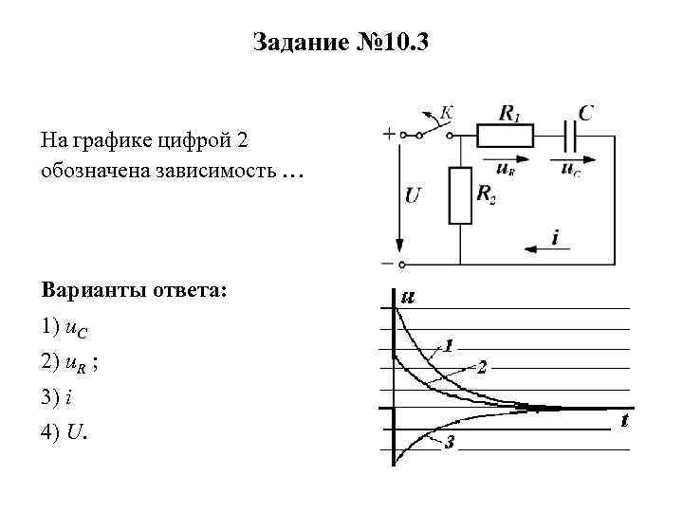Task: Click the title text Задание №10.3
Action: pyautogui.click(x=341, y=42)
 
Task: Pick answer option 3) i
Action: pyautogui.click(x=58, y=397)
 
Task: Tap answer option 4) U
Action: pyautogui.click(x=65, y=433)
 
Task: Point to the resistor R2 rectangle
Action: pyautogui.click(x=460, y=195)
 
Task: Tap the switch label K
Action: pyautogui.click(x=446, y=113)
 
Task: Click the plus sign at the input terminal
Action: pyautogui.click(x=389, y=135)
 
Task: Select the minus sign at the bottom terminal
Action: pyautogui.click(x=388, y=264)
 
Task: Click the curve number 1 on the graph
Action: pyautogui.click(x=449, y=343)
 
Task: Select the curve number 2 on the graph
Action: pyautogui.click(x=481, y=367)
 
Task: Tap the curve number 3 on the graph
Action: pyautogui.click(x=450, y=443)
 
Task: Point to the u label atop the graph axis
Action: pyautogui.click(x=408, y=297)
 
